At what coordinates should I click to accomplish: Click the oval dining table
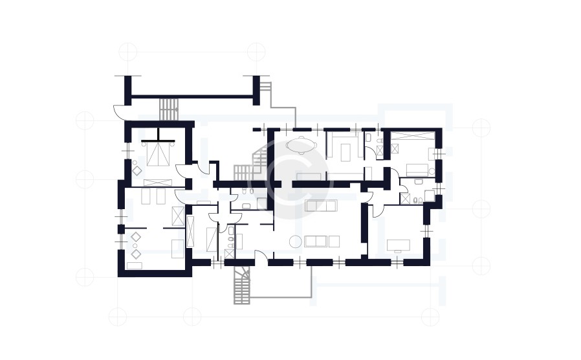pos(301,146)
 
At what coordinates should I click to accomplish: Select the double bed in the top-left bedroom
pos(158,153)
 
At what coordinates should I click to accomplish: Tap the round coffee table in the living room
pos(295,242)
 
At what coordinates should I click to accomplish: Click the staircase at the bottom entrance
pos(242,286)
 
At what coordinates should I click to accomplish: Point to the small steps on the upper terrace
pos(169,109)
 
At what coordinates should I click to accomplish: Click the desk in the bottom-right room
pos(397,245)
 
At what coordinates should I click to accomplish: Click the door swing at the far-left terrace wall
pos(120,111)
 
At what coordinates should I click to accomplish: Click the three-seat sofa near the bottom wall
pos(316,242)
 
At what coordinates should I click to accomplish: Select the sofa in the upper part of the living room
pos(321,205)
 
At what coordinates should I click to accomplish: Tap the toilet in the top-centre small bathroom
pos(368,138)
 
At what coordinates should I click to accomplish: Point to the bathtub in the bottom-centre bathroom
pos(211,238)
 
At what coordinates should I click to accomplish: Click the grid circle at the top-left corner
pos(128,51)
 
